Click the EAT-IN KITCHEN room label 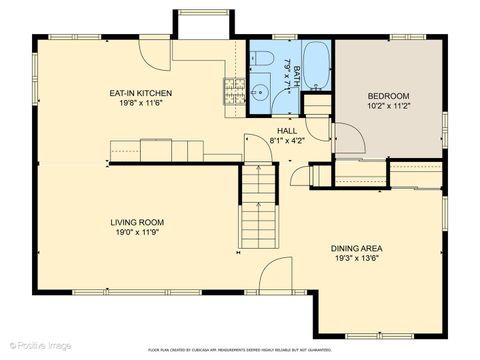tap(141, 93)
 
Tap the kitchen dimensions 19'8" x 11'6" tap(141, 101)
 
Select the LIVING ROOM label tap(138, 222)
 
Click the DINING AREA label tap(357, 248)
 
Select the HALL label tap(286, 131)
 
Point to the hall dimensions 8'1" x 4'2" tap(286, 140)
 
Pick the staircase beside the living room tap(257, 210)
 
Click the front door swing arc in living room tap(277, 275)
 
